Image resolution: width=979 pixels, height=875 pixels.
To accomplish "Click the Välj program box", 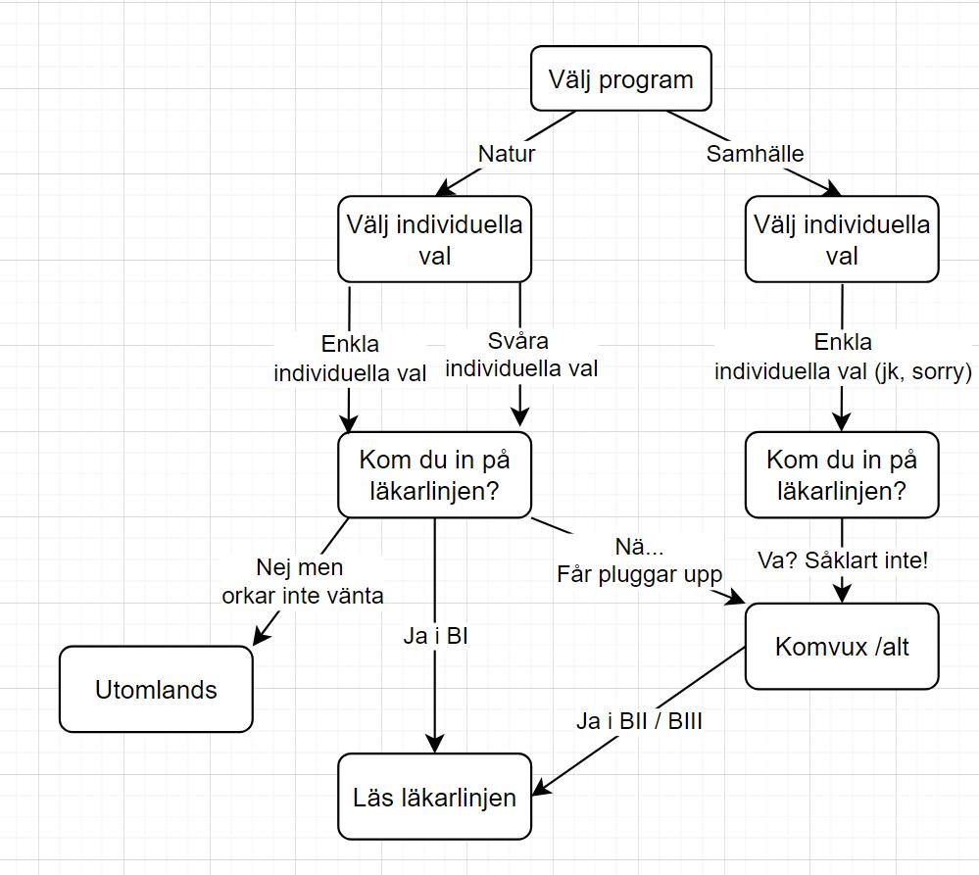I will coord(621,79).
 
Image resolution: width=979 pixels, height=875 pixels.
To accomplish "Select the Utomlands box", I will coord(156,689).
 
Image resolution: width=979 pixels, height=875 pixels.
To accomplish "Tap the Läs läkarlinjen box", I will coord(434,797).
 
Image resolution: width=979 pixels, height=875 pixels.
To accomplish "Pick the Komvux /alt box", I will coord(842,647).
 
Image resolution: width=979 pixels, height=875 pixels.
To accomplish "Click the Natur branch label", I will coord(507,154).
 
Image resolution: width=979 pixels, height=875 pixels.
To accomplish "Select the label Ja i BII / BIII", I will coord(639,723).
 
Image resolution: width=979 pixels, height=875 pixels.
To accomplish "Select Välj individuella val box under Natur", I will coord(434,239).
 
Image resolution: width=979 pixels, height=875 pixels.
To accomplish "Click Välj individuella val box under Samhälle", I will coord(842,239).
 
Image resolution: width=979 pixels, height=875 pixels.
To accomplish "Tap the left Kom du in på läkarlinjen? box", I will coord(434,474).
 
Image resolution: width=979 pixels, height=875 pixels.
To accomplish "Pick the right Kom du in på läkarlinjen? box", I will coord(842,474).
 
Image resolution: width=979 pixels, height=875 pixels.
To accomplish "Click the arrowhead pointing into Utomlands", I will coord(260,638).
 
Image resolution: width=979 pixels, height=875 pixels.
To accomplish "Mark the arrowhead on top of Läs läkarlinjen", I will coord(435,744).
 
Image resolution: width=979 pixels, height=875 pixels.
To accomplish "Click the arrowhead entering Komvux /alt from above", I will coord(842,595).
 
